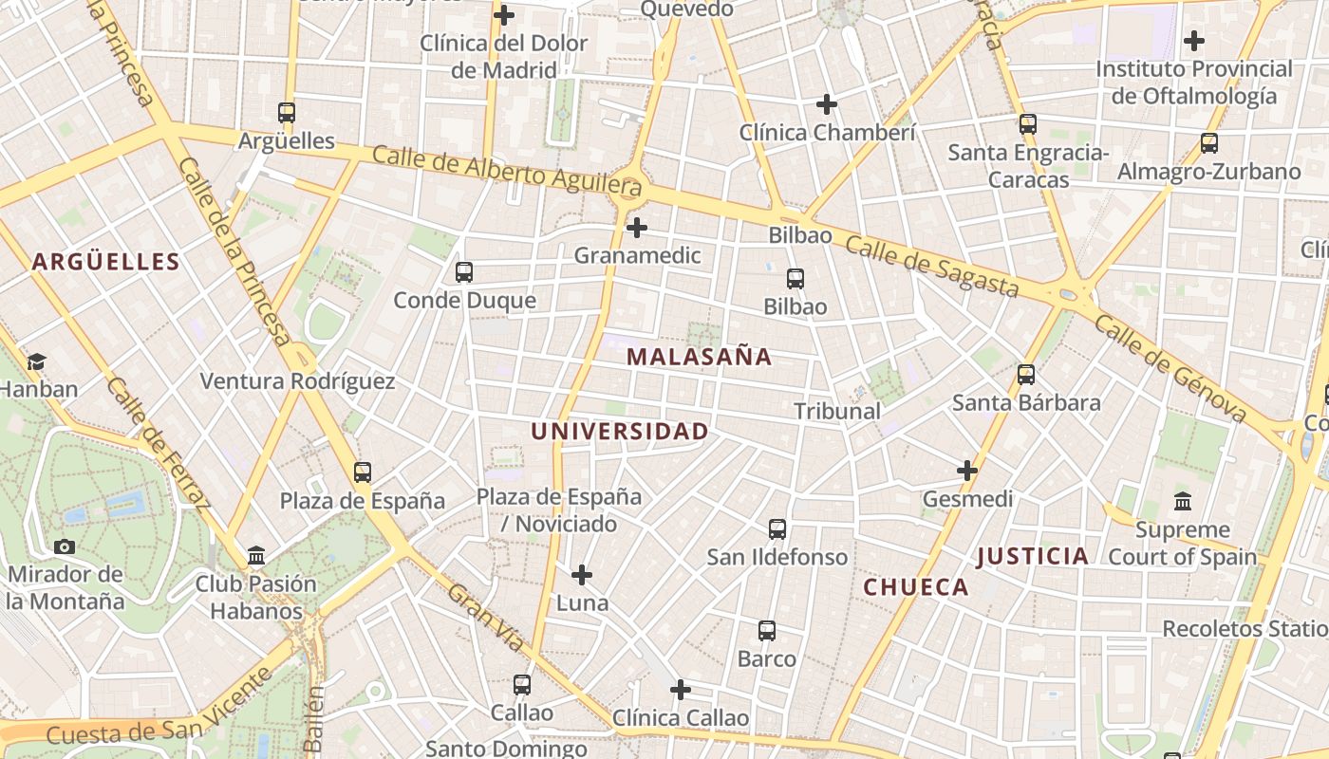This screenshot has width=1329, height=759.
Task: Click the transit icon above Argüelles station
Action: (x=287, y=112)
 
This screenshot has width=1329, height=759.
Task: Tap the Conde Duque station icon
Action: (x=464, y=272)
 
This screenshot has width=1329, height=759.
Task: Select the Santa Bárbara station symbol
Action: (x=1026, y=375)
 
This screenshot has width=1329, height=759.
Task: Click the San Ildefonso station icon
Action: (x=777, y=529)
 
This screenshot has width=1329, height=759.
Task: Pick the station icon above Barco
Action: (x=767, y=631)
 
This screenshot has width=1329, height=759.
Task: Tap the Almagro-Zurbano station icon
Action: (x=1208, y=143)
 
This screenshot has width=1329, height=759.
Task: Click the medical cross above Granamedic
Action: (x=637, y=228)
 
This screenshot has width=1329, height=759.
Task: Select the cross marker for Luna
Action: (x=582, y=575)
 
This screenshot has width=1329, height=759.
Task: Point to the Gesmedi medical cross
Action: (x=967, y=471)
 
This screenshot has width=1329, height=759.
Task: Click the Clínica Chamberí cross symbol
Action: (x=827, y=104)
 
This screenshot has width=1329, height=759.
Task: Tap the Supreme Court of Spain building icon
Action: (x=1183, y=501)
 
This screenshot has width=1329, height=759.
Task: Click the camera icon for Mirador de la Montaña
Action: (x=65, y=546)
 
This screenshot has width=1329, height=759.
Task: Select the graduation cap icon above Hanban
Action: (x=36, y=361)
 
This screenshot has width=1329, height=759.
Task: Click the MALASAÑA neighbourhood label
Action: (x=700, y=357)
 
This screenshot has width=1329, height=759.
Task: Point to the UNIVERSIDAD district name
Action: (x=620, y=431)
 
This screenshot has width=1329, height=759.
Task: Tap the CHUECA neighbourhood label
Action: (x=916, y=587)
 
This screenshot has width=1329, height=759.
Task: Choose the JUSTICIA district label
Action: (x=1033, y=556)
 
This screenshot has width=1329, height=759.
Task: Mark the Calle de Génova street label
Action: (x=1170, y=368)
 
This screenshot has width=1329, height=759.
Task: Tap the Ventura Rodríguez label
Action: (x=297, y=381)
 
